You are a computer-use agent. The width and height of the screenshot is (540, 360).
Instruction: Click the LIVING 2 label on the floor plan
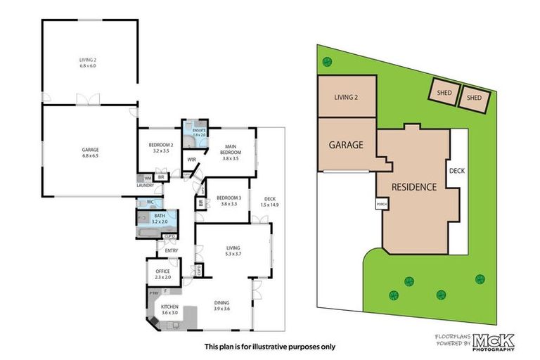pos(89,63)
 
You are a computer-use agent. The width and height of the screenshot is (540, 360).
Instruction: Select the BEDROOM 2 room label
pos(162,148)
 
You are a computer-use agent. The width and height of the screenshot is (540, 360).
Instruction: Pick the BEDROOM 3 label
pos(230,200)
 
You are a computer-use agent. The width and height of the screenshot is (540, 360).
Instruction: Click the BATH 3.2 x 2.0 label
pos(160,219)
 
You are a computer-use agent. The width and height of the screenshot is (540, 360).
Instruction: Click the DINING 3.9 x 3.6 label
pos(222,306)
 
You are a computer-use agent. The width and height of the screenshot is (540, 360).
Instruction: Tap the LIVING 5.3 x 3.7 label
pos(233,251)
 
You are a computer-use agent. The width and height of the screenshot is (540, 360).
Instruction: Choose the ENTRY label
pos(171,250)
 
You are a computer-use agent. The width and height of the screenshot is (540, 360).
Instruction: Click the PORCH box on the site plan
pos(382,205)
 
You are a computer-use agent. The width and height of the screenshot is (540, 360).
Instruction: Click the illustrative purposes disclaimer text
pos(270,346)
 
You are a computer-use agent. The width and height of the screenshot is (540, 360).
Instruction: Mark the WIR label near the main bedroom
pos(191,160)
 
